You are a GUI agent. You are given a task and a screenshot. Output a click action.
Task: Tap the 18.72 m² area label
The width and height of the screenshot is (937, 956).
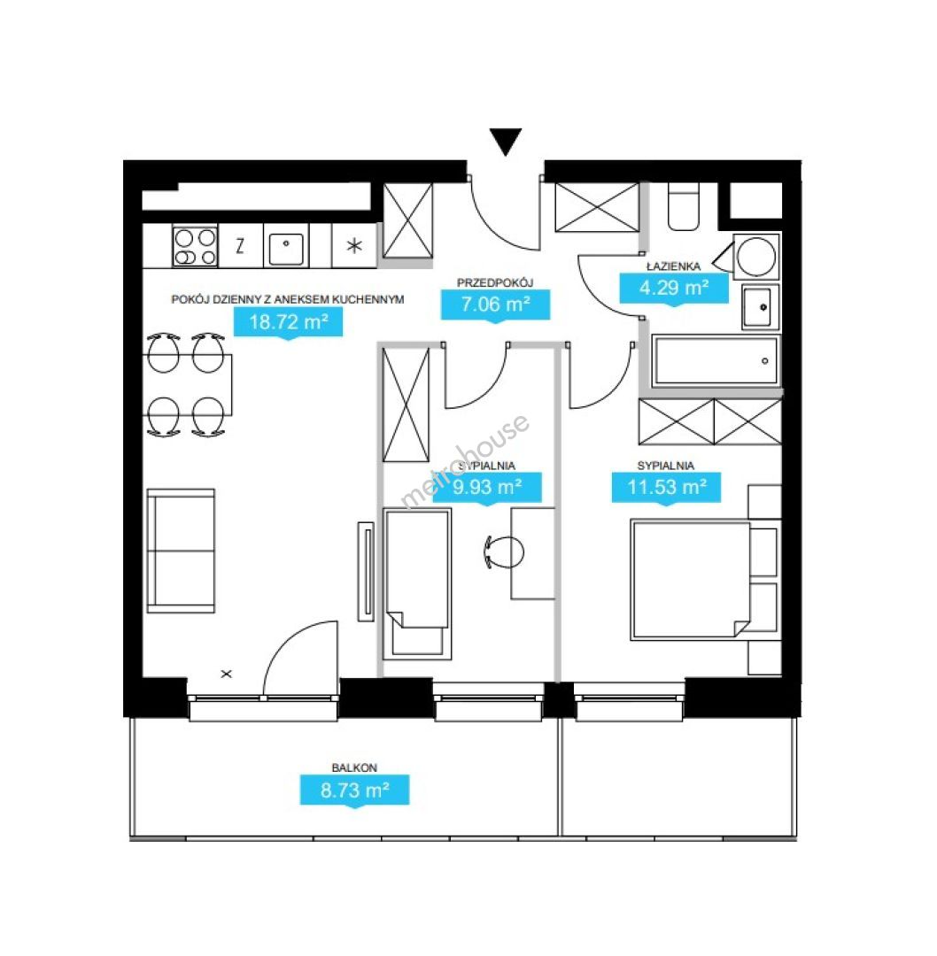[x=289, y=322]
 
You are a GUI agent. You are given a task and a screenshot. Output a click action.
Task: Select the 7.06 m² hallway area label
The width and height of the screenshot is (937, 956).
[x=495, y=305]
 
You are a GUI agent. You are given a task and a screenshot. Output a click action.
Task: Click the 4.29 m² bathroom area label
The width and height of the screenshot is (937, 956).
[x=674, y=288]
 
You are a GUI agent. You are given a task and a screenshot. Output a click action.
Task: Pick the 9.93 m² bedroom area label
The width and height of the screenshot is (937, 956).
[x=487, y=487]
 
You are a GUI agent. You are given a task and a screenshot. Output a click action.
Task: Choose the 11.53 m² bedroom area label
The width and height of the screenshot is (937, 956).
[x=667, y=487]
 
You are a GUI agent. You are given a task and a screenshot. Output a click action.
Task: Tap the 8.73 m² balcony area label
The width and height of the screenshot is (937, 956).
[x=354, y=790]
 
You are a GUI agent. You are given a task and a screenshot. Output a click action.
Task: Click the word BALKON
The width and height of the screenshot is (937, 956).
[x=354, y=767]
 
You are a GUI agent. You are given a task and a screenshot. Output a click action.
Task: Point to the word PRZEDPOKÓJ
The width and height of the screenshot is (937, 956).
[x=495, y=283]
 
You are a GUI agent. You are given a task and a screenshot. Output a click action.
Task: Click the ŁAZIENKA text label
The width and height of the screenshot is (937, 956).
[x=673, y=266]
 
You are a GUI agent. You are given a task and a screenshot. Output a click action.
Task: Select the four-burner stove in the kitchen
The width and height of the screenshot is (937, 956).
[x=195, y=246]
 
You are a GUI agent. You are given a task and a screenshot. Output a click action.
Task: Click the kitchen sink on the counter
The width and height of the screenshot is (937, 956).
[x=286, y=248]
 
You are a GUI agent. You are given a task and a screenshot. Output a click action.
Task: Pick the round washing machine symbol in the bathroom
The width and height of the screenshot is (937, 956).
[x=757, y=257]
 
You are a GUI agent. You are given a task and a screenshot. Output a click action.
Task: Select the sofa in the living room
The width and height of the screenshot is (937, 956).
[x=182, y=551]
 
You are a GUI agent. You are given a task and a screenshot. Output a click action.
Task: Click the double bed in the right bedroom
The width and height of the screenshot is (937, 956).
[x=691, y=579]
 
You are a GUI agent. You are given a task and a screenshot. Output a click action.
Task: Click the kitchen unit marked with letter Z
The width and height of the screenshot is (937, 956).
[x=240, y=246]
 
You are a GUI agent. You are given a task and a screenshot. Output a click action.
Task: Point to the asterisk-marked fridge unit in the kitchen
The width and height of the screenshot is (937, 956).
[x=354, y=246]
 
